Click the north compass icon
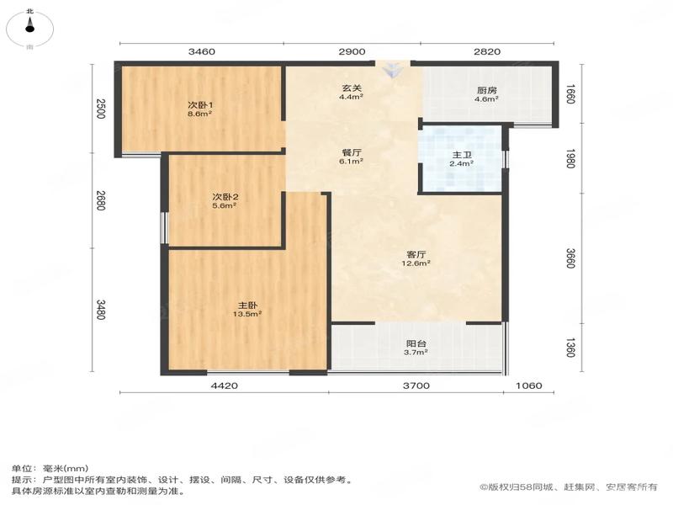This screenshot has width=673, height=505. coord(29,29)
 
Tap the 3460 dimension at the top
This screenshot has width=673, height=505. coord(202,51)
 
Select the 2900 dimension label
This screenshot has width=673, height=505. coord(352,51)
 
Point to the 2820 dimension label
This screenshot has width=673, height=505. coord(487,51)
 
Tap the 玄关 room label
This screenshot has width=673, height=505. coord(352,88)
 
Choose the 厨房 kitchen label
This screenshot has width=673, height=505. coord(487,90)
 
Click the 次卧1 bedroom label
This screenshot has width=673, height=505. coord(200,105)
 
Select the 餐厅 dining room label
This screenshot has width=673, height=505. coord(352,152)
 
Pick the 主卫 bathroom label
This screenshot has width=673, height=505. coord(462,155)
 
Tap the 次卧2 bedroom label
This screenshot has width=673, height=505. coord(225,197)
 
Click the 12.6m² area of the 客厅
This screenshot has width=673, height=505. coord(416,263)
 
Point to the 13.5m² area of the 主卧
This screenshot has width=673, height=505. coord(247,314)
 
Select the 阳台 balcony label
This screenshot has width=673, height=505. coord(416,343)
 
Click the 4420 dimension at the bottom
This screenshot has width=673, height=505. coord(225,385)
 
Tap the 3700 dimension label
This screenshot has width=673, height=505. coord(416,385)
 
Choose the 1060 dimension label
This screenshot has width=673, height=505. coord(529,385)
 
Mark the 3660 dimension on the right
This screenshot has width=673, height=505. coord(570,258)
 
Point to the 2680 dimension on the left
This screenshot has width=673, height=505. coord(100,200)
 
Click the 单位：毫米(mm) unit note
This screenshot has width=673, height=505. coord(50,469)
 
